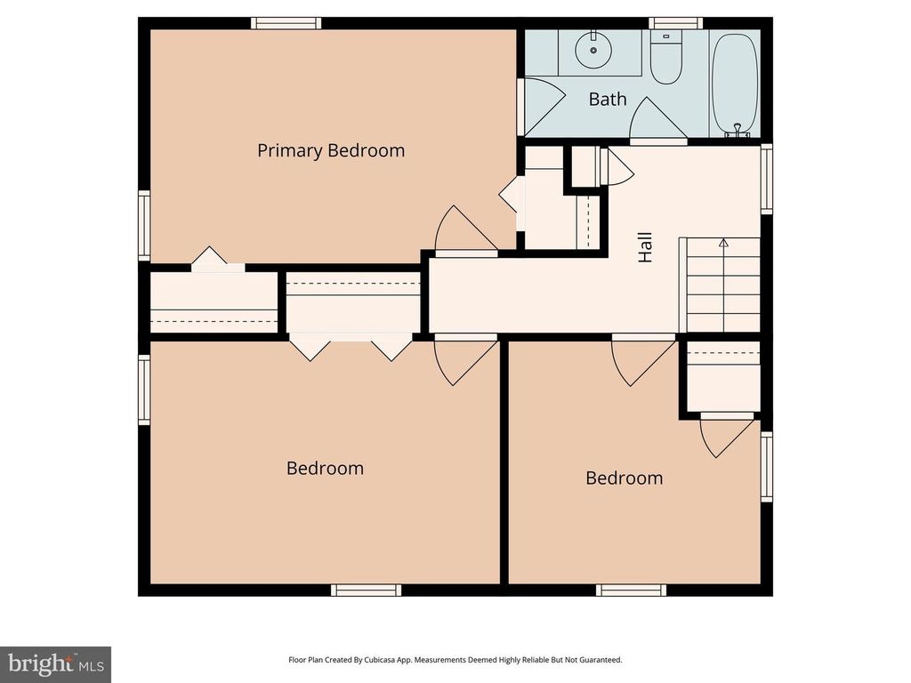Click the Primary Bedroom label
331,150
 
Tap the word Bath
608,99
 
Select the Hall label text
645,247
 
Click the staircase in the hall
720,285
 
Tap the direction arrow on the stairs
723,242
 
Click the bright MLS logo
55,663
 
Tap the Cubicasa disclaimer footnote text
455,660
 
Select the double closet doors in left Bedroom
351,345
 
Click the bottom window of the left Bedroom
366,590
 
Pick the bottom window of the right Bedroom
631,590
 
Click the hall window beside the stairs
766,179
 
